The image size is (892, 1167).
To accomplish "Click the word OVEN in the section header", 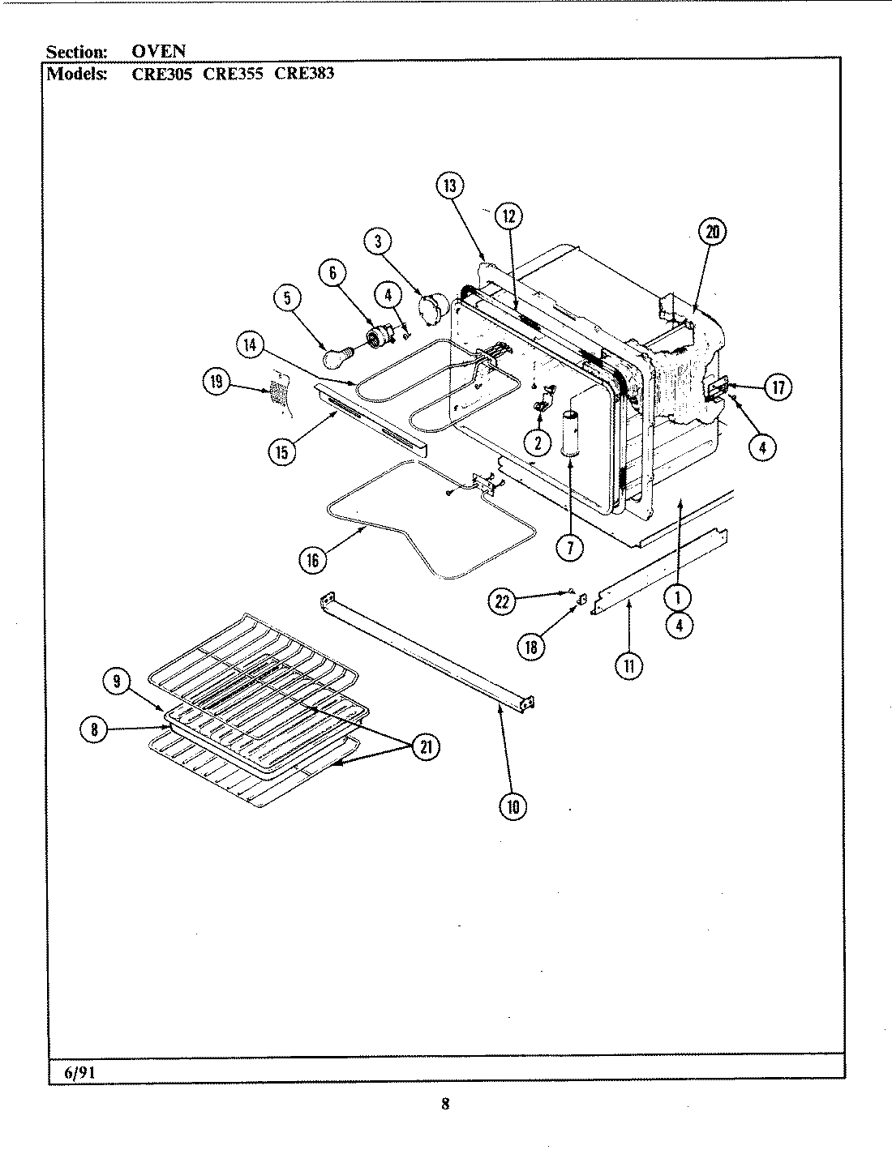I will [159, 52].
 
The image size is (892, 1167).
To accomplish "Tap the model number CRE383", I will [305, 73].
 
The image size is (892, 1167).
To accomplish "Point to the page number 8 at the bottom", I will [445, 1103].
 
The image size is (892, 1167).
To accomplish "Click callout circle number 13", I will [450, 186].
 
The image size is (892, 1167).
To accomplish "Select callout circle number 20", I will [713, 233].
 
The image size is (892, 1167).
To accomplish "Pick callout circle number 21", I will [424, 747].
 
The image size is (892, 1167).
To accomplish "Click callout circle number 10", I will [512, 806].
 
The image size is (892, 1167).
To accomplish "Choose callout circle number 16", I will [312, 560].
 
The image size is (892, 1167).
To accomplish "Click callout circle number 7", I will [570, 549].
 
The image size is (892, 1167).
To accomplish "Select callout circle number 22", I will [503, 601].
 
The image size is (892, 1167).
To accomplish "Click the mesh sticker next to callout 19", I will [278, 394].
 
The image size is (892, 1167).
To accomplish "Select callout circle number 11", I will [629, 666].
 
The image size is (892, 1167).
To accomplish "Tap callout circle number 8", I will [95, 729].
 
